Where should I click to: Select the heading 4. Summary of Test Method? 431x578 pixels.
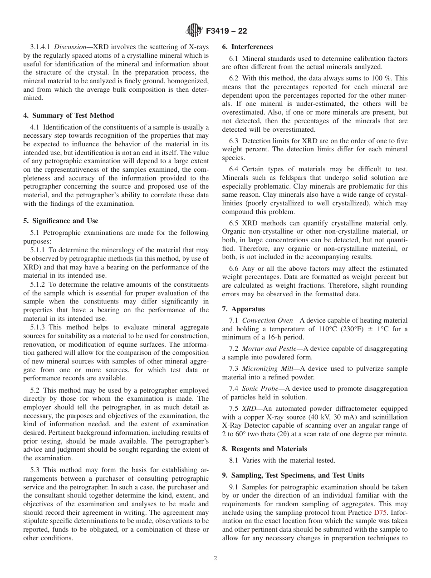(x=69, y=115)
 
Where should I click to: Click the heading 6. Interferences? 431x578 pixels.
(x=247, y=47)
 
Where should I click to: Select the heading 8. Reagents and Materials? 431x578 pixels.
(x=264, y=448)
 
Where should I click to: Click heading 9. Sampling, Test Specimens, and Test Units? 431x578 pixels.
(x=293, y=475)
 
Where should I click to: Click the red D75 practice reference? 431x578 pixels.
(x=380, y=512)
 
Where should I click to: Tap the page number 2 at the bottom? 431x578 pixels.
(x=215, y=558)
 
